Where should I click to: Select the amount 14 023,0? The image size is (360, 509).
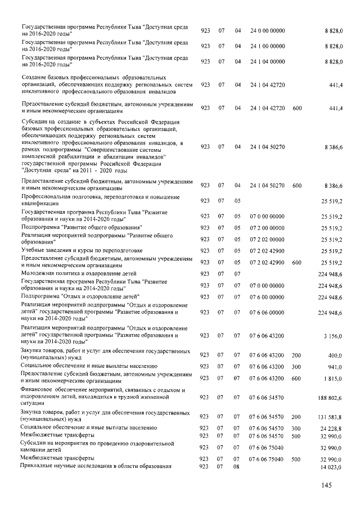click(331, 467)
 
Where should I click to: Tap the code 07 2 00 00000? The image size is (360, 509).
click(267, 228)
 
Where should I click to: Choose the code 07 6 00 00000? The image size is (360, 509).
click(267, 296)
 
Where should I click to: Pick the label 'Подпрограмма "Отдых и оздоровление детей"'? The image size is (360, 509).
click(80, 296)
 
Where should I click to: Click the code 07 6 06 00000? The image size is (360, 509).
click(267, 312)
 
